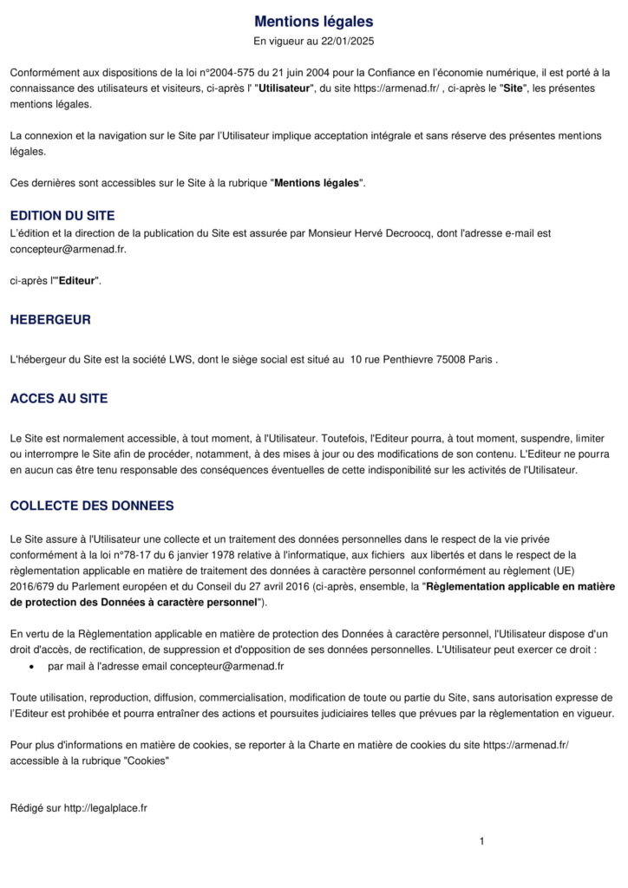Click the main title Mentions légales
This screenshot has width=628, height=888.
pos(314,21)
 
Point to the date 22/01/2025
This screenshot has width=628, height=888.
pos(346,41)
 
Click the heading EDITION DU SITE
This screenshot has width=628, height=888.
pos(62,215)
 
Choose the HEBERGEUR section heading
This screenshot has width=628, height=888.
pos(50,319)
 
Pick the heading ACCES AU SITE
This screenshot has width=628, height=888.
pos(59,399)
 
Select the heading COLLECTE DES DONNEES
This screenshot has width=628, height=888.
pos(92,506)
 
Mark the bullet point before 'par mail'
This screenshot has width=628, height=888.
pos(32,666)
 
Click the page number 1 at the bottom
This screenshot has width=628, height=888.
pos(481,840)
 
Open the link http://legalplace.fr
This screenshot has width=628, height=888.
pos(105,807)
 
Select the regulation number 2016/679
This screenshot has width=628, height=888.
pos(32,586)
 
